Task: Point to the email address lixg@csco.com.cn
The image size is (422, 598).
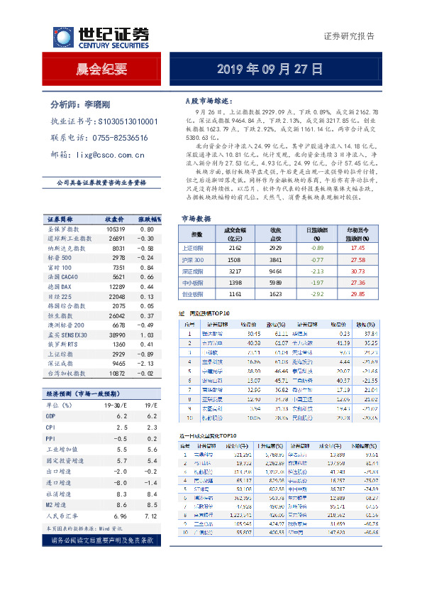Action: [110, 154]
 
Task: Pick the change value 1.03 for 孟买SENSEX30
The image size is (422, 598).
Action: [147, 334]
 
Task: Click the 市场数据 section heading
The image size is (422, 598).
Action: [196, 219]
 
